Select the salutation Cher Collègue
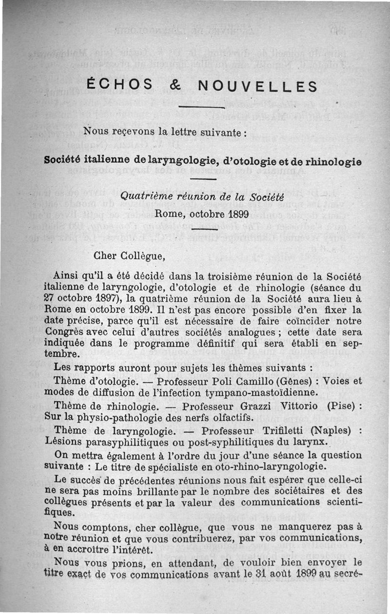[129, 254]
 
